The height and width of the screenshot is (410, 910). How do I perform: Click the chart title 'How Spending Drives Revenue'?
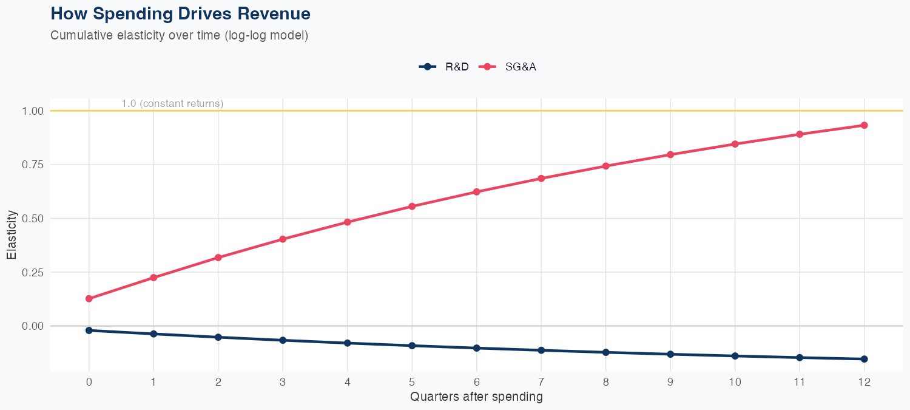180,13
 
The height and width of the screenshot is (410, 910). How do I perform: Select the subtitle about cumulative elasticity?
180,35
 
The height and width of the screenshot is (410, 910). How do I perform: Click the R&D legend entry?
445,67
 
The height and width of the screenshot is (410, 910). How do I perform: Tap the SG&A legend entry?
508,67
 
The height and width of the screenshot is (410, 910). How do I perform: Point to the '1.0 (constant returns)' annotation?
172,104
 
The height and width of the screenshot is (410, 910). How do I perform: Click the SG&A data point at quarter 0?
89,299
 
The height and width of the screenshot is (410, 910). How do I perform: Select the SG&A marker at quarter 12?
864,125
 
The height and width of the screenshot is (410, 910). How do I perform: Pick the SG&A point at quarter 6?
477,192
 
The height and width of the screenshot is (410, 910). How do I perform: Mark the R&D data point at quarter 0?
89,330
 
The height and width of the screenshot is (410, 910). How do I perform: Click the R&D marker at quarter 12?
864,359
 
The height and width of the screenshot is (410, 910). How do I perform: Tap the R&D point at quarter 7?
541,350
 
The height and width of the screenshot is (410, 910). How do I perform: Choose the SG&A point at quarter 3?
283,239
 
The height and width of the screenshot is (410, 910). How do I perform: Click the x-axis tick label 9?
670,382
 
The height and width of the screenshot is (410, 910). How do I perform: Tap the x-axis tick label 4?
347,382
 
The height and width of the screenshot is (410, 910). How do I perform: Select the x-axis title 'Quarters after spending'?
476,397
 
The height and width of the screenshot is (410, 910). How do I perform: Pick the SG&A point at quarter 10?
735,144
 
